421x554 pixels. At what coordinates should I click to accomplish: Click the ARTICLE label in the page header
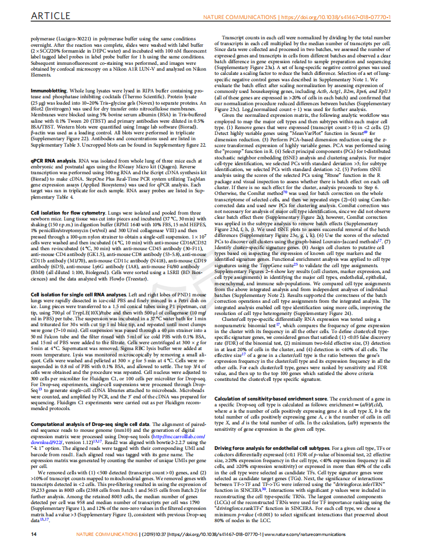coord(47,17)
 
